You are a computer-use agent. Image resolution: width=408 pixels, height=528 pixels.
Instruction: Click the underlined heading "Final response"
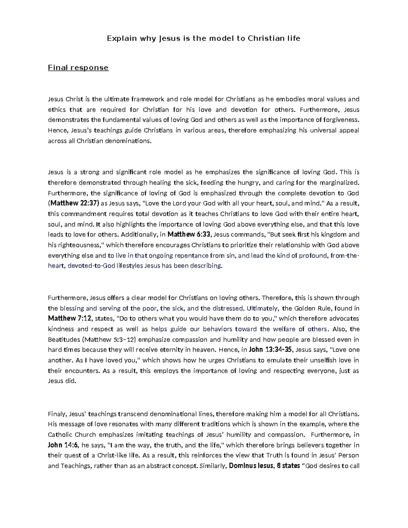click(x=78, y=68)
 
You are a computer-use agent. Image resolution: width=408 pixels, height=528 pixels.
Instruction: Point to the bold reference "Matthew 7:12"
click(x=70, y=319)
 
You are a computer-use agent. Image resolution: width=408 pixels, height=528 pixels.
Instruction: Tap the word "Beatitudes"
click(x=64, y=339)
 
